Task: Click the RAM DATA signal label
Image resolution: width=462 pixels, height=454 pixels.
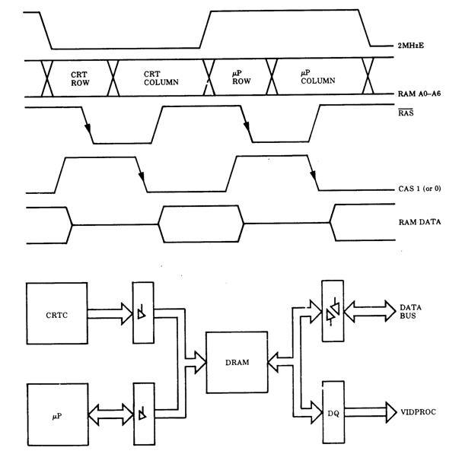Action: pos(416,223)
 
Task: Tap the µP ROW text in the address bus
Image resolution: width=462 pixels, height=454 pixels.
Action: pos(241,78)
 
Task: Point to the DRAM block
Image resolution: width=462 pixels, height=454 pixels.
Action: pos(237,362)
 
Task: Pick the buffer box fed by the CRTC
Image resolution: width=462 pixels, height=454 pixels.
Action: pos(143,310)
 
